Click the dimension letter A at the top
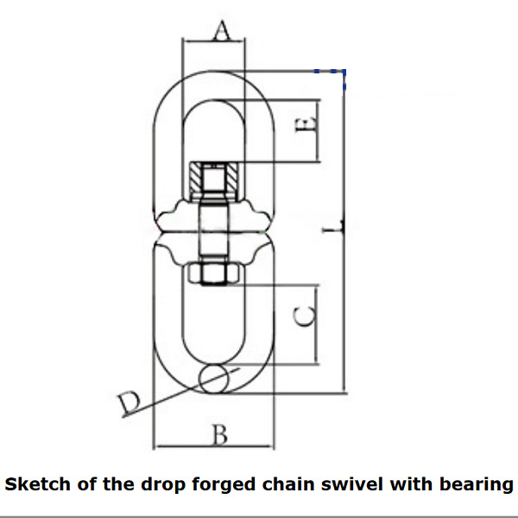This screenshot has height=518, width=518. pos(222,30)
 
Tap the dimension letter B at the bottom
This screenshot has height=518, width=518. pos(220,434)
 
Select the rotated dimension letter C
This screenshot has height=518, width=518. pos(305,316)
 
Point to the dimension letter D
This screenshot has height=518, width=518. pos(129,403)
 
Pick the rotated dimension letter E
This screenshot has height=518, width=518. pos(306,125)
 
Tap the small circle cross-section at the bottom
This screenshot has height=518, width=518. pos(214,379)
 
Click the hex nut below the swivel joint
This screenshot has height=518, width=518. pos(214,274)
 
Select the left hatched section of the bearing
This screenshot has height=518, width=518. pos(196,180)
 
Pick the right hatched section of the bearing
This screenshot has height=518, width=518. pos(232,180)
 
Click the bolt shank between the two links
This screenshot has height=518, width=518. pos(214,231)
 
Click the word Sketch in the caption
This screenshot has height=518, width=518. pos(37,484)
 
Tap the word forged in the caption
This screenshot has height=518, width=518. pos(224,485)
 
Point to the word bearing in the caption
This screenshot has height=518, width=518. pos(476,485)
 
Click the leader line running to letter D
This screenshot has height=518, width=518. pos(181,393)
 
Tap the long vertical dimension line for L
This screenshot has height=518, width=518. pos(344,231)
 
